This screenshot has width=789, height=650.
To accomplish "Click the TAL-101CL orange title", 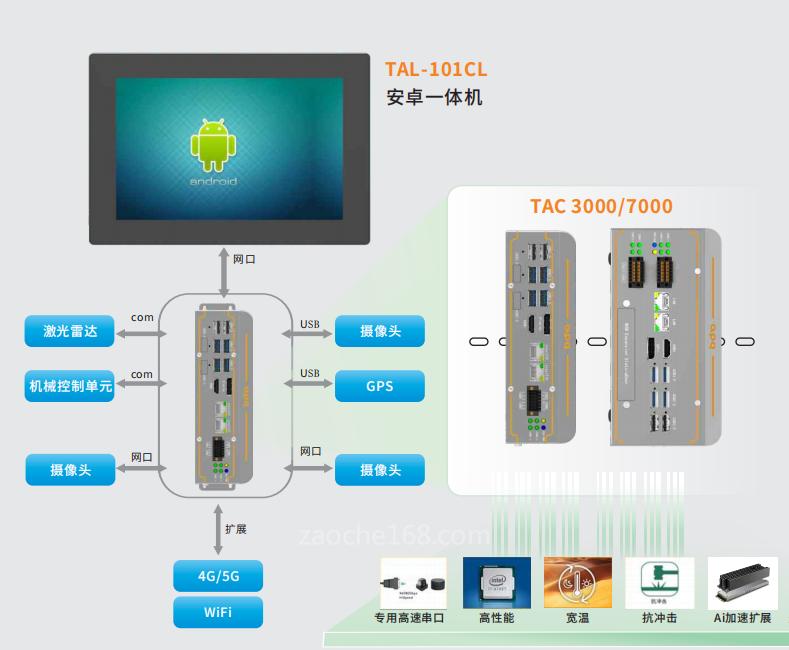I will [x=435, y=70].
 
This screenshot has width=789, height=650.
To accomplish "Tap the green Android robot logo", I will [x=213, y=145].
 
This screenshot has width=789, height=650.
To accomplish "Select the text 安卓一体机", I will [x=434, y=98].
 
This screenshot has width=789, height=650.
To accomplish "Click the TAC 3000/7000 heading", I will [x=600, y=207].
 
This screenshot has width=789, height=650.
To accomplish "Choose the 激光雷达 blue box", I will [x=70, y=332].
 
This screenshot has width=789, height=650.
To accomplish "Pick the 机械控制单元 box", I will [x=70, y=386].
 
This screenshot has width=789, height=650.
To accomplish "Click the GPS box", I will [x=380, y=386].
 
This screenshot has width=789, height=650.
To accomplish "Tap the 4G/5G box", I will [x=218, y=577].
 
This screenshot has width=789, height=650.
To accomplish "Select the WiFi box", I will [x=218, y=612].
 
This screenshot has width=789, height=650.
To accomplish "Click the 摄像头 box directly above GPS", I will [x=380, y=332].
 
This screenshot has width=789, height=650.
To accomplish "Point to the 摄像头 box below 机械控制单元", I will [x=70, y=469].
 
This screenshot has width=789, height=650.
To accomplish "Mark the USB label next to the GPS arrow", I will [x=310, y=375].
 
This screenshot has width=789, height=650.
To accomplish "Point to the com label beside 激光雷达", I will [x=142, y=318].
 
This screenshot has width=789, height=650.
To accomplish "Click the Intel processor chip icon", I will [x=496, y=582].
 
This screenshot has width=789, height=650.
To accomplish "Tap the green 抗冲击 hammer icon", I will [x=659, y=580].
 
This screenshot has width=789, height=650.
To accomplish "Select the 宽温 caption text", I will [x=577, y=618].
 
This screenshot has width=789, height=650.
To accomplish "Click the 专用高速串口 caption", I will [x=409, y=618].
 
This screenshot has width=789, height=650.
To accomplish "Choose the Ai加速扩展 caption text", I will [x=742, y=618].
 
